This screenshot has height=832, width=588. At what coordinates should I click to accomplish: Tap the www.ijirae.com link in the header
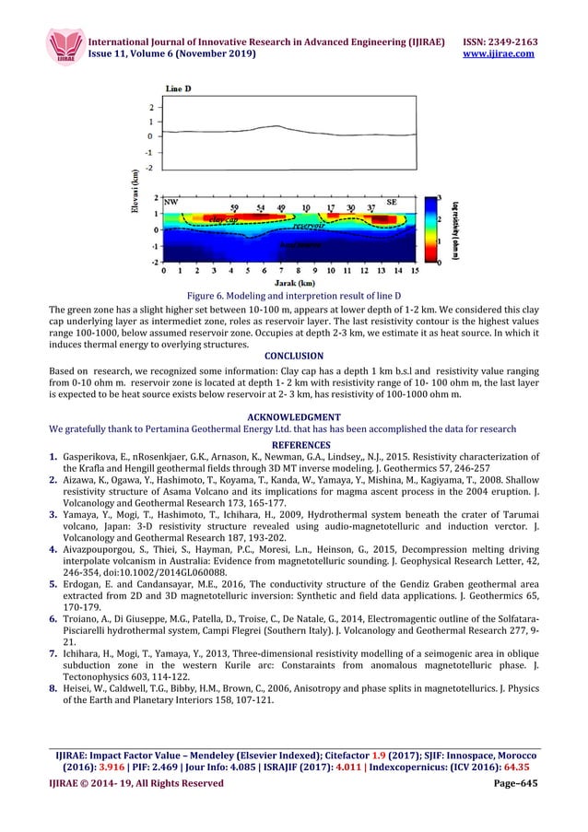(506, 55)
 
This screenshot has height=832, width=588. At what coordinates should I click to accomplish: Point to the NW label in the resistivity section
(171, 202)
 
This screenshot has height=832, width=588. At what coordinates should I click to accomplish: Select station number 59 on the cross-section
(235, 208)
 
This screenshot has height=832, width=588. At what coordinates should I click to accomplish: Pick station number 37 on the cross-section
(370, 208)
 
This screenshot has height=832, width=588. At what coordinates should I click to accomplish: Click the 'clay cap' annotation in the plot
(226, 219)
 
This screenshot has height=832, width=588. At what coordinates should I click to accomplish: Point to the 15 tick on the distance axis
(414, 272)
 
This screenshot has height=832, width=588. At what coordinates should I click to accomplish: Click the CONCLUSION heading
(293, 355)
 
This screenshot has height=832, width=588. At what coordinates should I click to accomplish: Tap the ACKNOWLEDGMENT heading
(293, 416)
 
